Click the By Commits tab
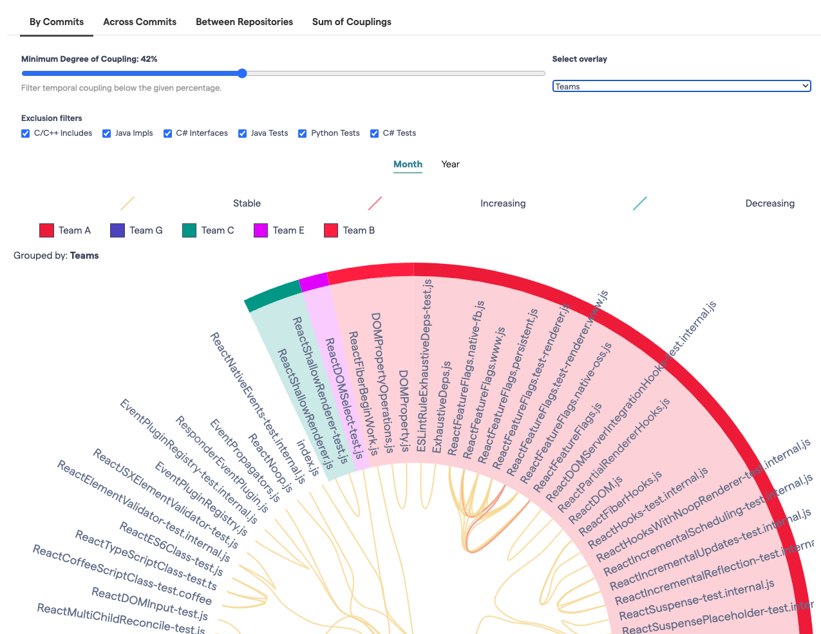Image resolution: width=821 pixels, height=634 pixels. [57, 22]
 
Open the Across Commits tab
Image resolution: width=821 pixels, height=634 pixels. [140, 22]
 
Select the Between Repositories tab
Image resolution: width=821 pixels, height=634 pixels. [244, 22]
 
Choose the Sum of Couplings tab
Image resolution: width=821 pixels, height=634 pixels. [352, 22]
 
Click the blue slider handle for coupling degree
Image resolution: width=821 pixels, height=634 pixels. [242, 73]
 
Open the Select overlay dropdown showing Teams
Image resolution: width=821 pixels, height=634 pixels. [681, 86]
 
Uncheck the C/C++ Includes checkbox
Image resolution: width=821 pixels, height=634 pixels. [26, 133]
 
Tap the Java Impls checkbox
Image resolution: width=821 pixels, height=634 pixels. [107, 133]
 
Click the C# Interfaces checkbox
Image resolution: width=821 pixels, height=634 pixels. [167, 133]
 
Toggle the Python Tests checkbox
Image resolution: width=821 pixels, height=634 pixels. [302, 133]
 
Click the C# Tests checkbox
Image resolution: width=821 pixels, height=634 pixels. [374, 133]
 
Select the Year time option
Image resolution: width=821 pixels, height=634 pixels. [450, 164]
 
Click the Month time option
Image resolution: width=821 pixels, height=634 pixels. [408, 164]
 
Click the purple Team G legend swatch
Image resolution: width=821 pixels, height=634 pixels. [117, 230]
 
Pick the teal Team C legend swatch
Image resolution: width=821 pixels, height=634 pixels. [189, 230]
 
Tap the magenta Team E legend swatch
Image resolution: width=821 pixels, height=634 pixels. [261, 230]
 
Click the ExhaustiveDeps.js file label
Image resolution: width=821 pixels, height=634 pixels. [442, 407]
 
